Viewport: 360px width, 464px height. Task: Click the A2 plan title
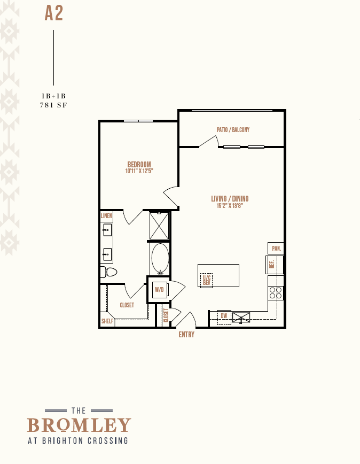pos(54,13)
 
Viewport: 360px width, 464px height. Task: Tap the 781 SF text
pos(53,105)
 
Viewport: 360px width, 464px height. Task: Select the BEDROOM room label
pos(139,164)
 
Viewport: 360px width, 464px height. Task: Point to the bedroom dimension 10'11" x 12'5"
pos(139,171)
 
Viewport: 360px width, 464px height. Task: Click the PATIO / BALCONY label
pos(233,129)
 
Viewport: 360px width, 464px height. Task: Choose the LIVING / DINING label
pos(230,198)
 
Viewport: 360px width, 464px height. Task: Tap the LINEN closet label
pos(106,216)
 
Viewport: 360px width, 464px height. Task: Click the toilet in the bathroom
pos(109,272)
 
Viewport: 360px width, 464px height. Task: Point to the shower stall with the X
pos(159,226)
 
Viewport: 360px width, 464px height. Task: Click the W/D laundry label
pos(159,289)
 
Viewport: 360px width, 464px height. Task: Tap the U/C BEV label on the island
pos(207,280)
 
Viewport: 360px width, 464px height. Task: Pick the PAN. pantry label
pos(276,248)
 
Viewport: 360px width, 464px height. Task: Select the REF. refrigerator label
pos(272,264)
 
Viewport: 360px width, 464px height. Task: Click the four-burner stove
pos(276,292)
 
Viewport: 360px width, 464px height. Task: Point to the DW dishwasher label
pos(224,316)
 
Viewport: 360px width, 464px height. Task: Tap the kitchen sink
pos(241,318)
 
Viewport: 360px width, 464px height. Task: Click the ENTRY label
pos(186,335)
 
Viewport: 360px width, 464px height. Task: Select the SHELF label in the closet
pos(107,321)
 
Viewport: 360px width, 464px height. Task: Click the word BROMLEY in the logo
pos(79,425)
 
